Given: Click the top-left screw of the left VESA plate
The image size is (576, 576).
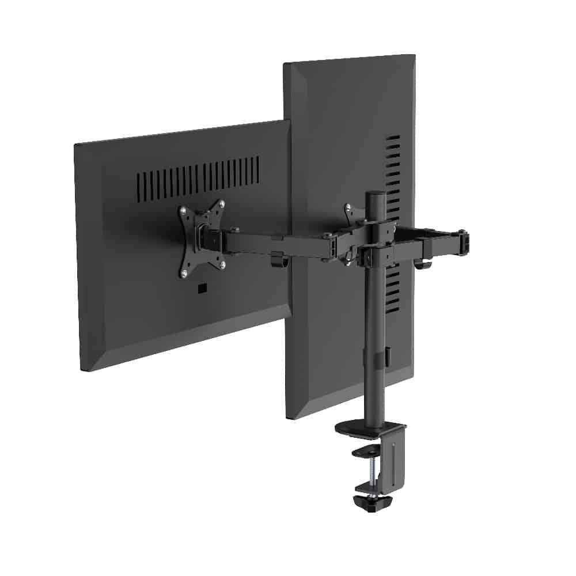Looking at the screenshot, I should click(183, 211).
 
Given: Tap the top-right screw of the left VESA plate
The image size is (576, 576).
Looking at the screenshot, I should click(222, 203).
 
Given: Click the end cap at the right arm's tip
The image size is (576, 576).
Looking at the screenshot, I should click(464, 240).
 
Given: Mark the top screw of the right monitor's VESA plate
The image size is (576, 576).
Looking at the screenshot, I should click(348, 206).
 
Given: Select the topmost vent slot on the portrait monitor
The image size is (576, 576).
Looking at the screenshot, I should click(394, 138).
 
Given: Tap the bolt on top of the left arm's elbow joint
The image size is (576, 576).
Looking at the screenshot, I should click(327, 235).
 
